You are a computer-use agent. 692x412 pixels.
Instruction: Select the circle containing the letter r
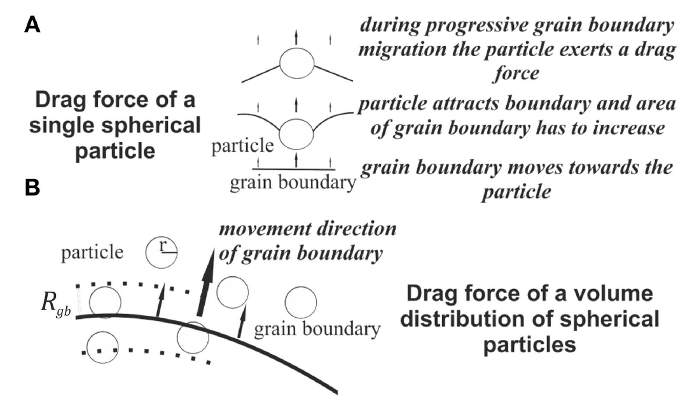(162, 253)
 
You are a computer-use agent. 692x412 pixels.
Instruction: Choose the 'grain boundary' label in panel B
(317, 329)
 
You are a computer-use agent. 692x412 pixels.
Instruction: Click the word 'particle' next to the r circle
(92, 252)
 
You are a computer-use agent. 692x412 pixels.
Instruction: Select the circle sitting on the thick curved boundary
(193, 337)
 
